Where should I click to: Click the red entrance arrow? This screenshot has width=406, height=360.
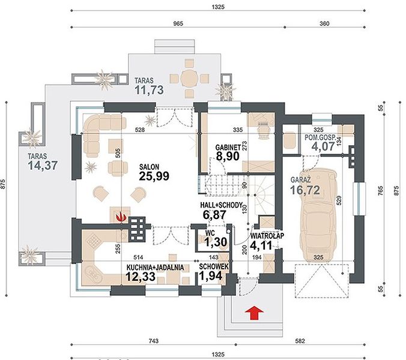[255, 313]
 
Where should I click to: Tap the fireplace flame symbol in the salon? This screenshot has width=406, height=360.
[121, 216]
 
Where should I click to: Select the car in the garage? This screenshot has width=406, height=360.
[318, 215]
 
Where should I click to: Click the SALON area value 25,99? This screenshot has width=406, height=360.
[154, 176]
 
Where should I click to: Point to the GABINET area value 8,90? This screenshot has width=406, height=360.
[228, 156]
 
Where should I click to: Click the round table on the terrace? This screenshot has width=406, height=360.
[189, 78]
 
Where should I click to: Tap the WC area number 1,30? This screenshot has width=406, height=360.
[216, 242]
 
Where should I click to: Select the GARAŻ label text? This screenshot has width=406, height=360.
[300, 179]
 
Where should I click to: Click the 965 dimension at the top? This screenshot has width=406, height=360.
[178, 23]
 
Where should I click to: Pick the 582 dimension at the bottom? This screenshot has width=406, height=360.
[300, 341]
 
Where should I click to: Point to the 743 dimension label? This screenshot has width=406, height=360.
[153, 341]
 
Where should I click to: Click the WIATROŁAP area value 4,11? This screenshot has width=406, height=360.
[261, 245]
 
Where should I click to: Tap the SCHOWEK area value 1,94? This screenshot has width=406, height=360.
[211, 275]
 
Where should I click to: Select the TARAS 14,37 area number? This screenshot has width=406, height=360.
[43, 166]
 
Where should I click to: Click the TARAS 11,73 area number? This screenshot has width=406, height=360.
[149, 90]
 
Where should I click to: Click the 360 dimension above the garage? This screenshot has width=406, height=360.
[324, 23]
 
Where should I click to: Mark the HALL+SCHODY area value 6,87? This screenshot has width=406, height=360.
[214, 215]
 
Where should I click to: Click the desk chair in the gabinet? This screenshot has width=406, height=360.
[263, 130]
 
